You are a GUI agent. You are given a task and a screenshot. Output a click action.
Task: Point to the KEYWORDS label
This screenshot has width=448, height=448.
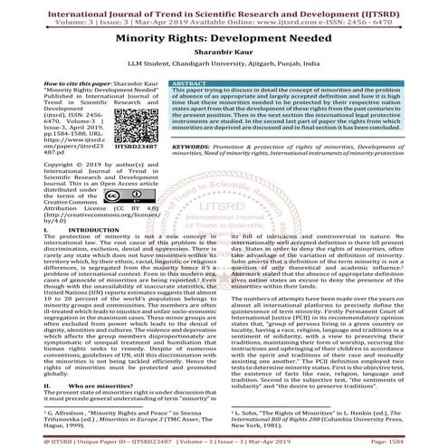[194, 145]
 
